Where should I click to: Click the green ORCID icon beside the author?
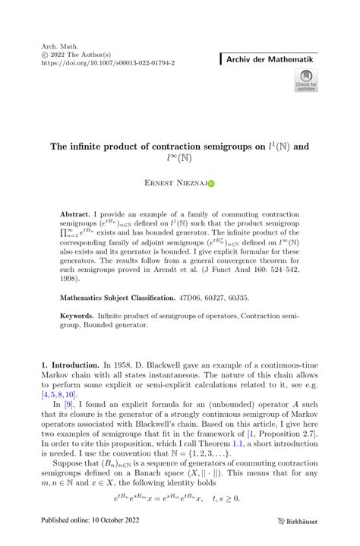(211, 183)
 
